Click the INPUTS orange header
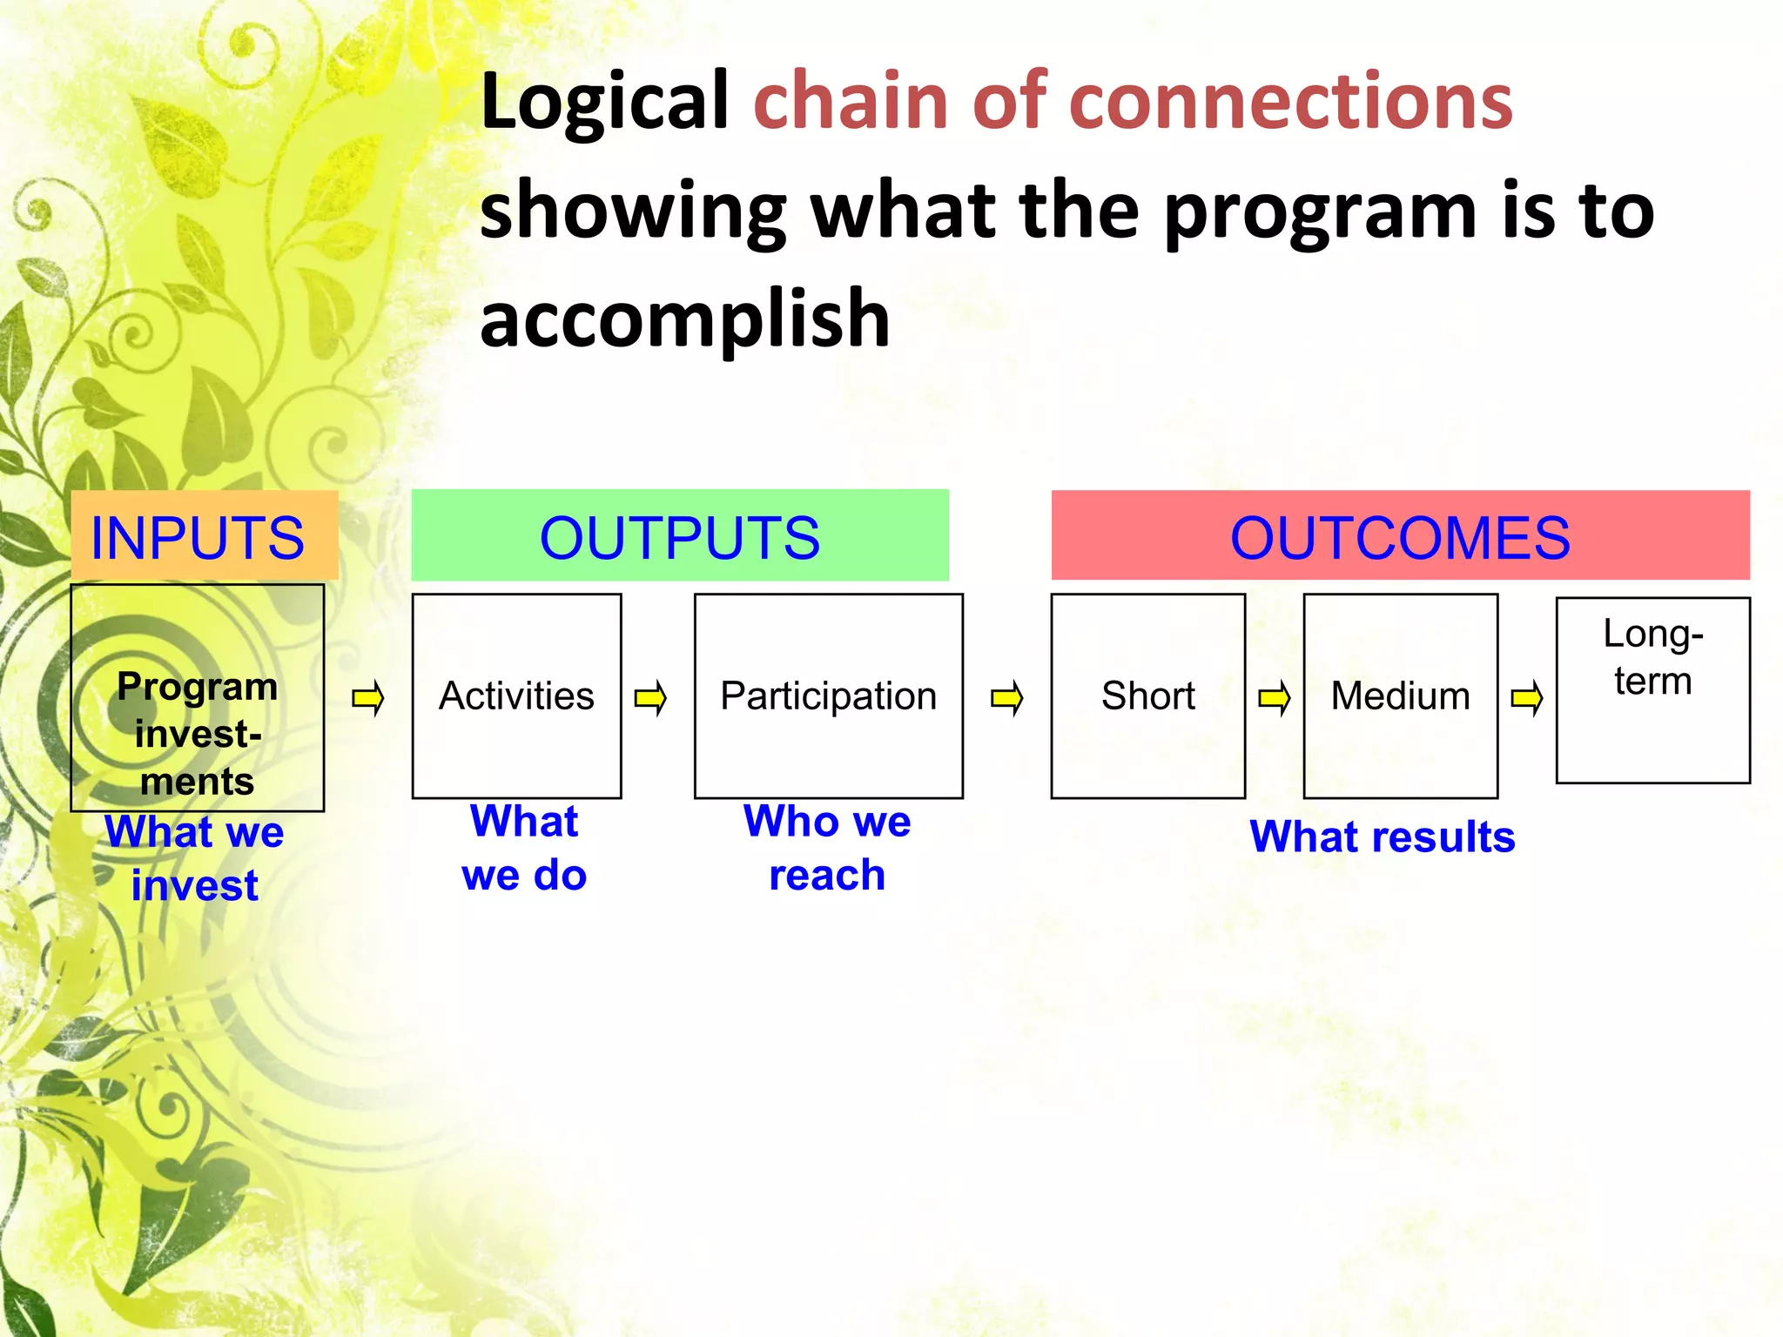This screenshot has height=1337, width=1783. coord(204,536)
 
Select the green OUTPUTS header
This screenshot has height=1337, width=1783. coord(679,535)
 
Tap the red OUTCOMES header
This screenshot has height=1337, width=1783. coord(1399,535)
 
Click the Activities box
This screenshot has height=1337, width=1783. coord(516,695)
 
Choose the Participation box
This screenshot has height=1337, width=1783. coord(828,695)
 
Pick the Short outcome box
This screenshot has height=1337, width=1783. coord(1147,695)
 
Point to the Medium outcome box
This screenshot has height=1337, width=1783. coord(1400,695)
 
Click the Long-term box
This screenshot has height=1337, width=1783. coord(1652,689)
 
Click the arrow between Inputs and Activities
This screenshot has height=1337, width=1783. coord(368,698)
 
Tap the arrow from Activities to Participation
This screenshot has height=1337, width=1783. coord(650,698)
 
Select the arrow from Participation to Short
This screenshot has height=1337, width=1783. coord(1007,698)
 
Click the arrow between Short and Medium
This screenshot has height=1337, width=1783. coord(1275,698)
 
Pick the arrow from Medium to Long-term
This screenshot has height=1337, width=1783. coord(1527,698)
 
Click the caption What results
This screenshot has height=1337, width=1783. coord(1383,836)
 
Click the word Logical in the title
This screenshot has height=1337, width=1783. coord(604,102)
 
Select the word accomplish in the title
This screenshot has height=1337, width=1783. coord(685,319)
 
